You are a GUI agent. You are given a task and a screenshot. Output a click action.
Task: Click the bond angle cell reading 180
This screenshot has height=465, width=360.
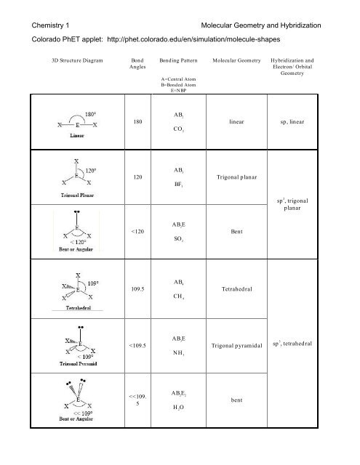pos(137,122)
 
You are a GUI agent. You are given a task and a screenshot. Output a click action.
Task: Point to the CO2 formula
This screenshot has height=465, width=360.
pos(180,131)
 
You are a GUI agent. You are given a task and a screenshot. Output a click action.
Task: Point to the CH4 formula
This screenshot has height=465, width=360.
pos(180,296)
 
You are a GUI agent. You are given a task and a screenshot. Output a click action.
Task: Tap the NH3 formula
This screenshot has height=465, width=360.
pos(180,352)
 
